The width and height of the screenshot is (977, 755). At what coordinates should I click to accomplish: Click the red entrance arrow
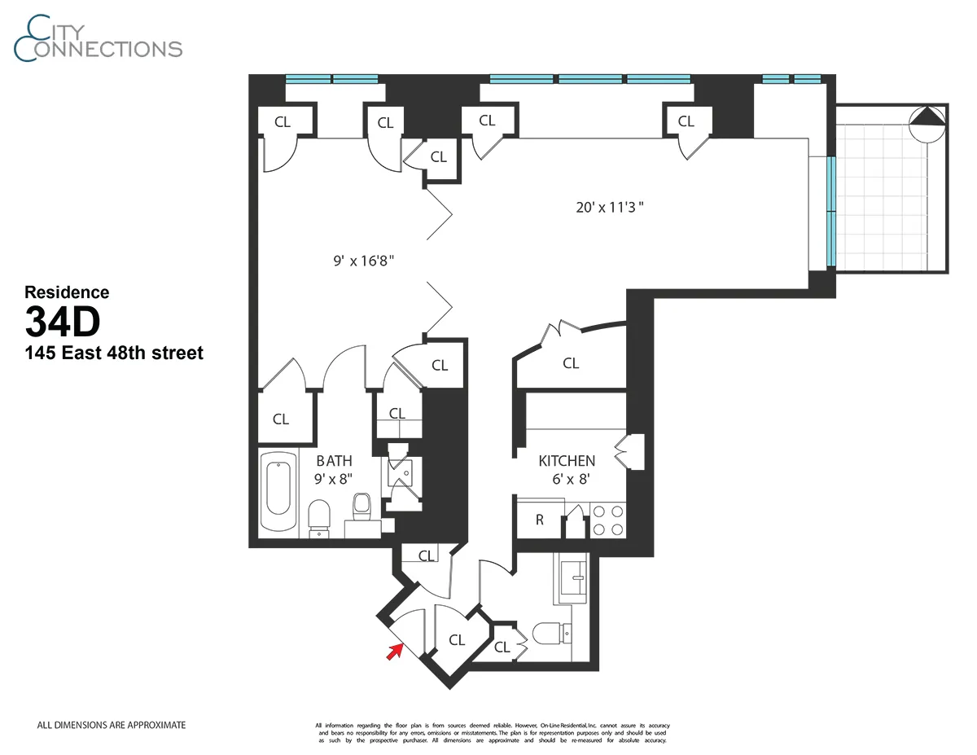click(396, 650)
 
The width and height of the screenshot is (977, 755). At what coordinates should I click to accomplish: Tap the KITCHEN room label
click(567, 461)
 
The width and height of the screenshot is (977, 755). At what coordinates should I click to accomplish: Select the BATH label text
click(334, 461)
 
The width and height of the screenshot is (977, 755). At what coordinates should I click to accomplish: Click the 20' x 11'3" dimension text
click(610, 207)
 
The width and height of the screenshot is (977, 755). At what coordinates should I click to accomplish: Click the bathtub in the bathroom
click(278, 489)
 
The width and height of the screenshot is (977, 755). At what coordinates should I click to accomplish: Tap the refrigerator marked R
click(539, 520)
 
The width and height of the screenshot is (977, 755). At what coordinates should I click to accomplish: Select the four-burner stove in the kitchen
click(607, 520)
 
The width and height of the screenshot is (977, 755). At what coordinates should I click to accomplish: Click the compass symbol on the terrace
click(927, 125)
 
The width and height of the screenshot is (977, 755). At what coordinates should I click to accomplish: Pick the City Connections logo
click(98, 38)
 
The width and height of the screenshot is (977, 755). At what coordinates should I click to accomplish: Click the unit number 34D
click(63, 323)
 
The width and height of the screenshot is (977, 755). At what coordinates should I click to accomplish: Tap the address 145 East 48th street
click(114, 353)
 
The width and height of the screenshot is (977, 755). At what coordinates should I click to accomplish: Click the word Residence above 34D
click(67, 292)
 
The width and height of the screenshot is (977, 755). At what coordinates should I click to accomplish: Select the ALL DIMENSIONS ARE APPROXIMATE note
click(112, 724)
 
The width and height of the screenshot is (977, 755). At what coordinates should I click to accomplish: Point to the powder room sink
click(575, 580)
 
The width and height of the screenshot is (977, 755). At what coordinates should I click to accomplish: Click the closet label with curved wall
click(571, 363)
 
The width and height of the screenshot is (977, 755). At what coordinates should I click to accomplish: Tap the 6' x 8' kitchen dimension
click(567, 479)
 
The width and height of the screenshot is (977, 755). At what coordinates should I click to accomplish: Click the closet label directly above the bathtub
click(281, 419)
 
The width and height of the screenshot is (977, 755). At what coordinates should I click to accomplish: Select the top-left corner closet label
click(283, 123)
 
